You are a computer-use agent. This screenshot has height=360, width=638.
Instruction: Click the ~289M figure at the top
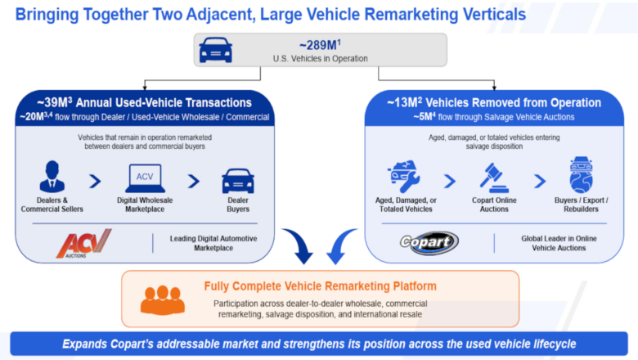tap(320, 45)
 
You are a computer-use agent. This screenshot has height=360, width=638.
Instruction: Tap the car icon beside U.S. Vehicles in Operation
tap(216, 50)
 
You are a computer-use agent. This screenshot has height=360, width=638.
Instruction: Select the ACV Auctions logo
tap(83, 244)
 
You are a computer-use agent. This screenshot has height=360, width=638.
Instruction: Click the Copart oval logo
tap(429, 242)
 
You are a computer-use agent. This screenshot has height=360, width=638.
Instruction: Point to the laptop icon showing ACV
tap(145, 178)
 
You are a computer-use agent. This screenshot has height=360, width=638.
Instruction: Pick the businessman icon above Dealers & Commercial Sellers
tap(52, 177)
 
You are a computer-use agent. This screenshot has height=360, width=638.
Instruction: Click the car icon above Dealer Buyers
tap(238, 181)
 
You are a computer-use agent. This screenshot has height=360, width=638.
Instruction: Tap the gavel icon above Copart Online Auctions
tap(494, 178)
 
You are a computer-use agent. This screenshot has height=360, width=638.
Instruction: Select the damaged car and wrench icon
tap(403, 176)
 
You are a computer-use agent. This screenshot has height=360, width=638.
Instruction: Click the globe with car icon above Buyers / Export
tap(581, 175)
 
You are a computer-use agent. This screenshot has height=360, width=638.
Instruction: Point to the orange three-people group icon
tap(163, 299)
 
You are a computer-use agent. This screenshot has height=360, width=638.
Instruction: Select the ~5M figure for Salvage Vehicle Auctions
tap(425, 117)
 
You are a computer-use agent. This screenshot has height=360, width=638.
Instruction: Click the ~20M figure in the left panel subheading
tap(36, 117)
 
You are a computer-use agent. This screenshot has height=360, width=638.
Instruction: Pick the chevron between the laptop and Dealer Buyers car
tap(194, 181)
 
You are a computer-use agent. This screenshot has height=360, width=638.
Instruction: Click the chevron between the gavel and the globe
tap(540, 181)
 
